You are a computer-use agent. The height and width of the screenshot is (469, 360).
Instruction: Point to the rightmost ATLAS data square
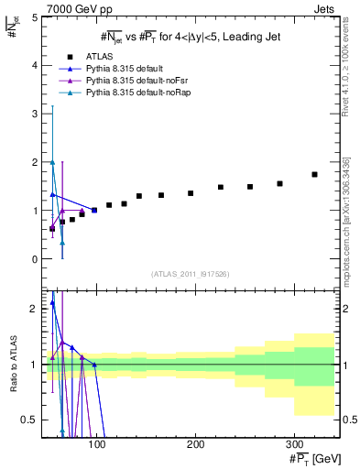point(314,174)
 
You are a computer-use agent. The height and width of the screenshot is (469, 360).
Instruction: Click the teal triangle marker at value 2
point(52,162)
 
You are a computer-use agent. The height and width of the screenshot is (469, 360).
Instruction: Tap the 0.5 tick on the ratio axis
point(28,420)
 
